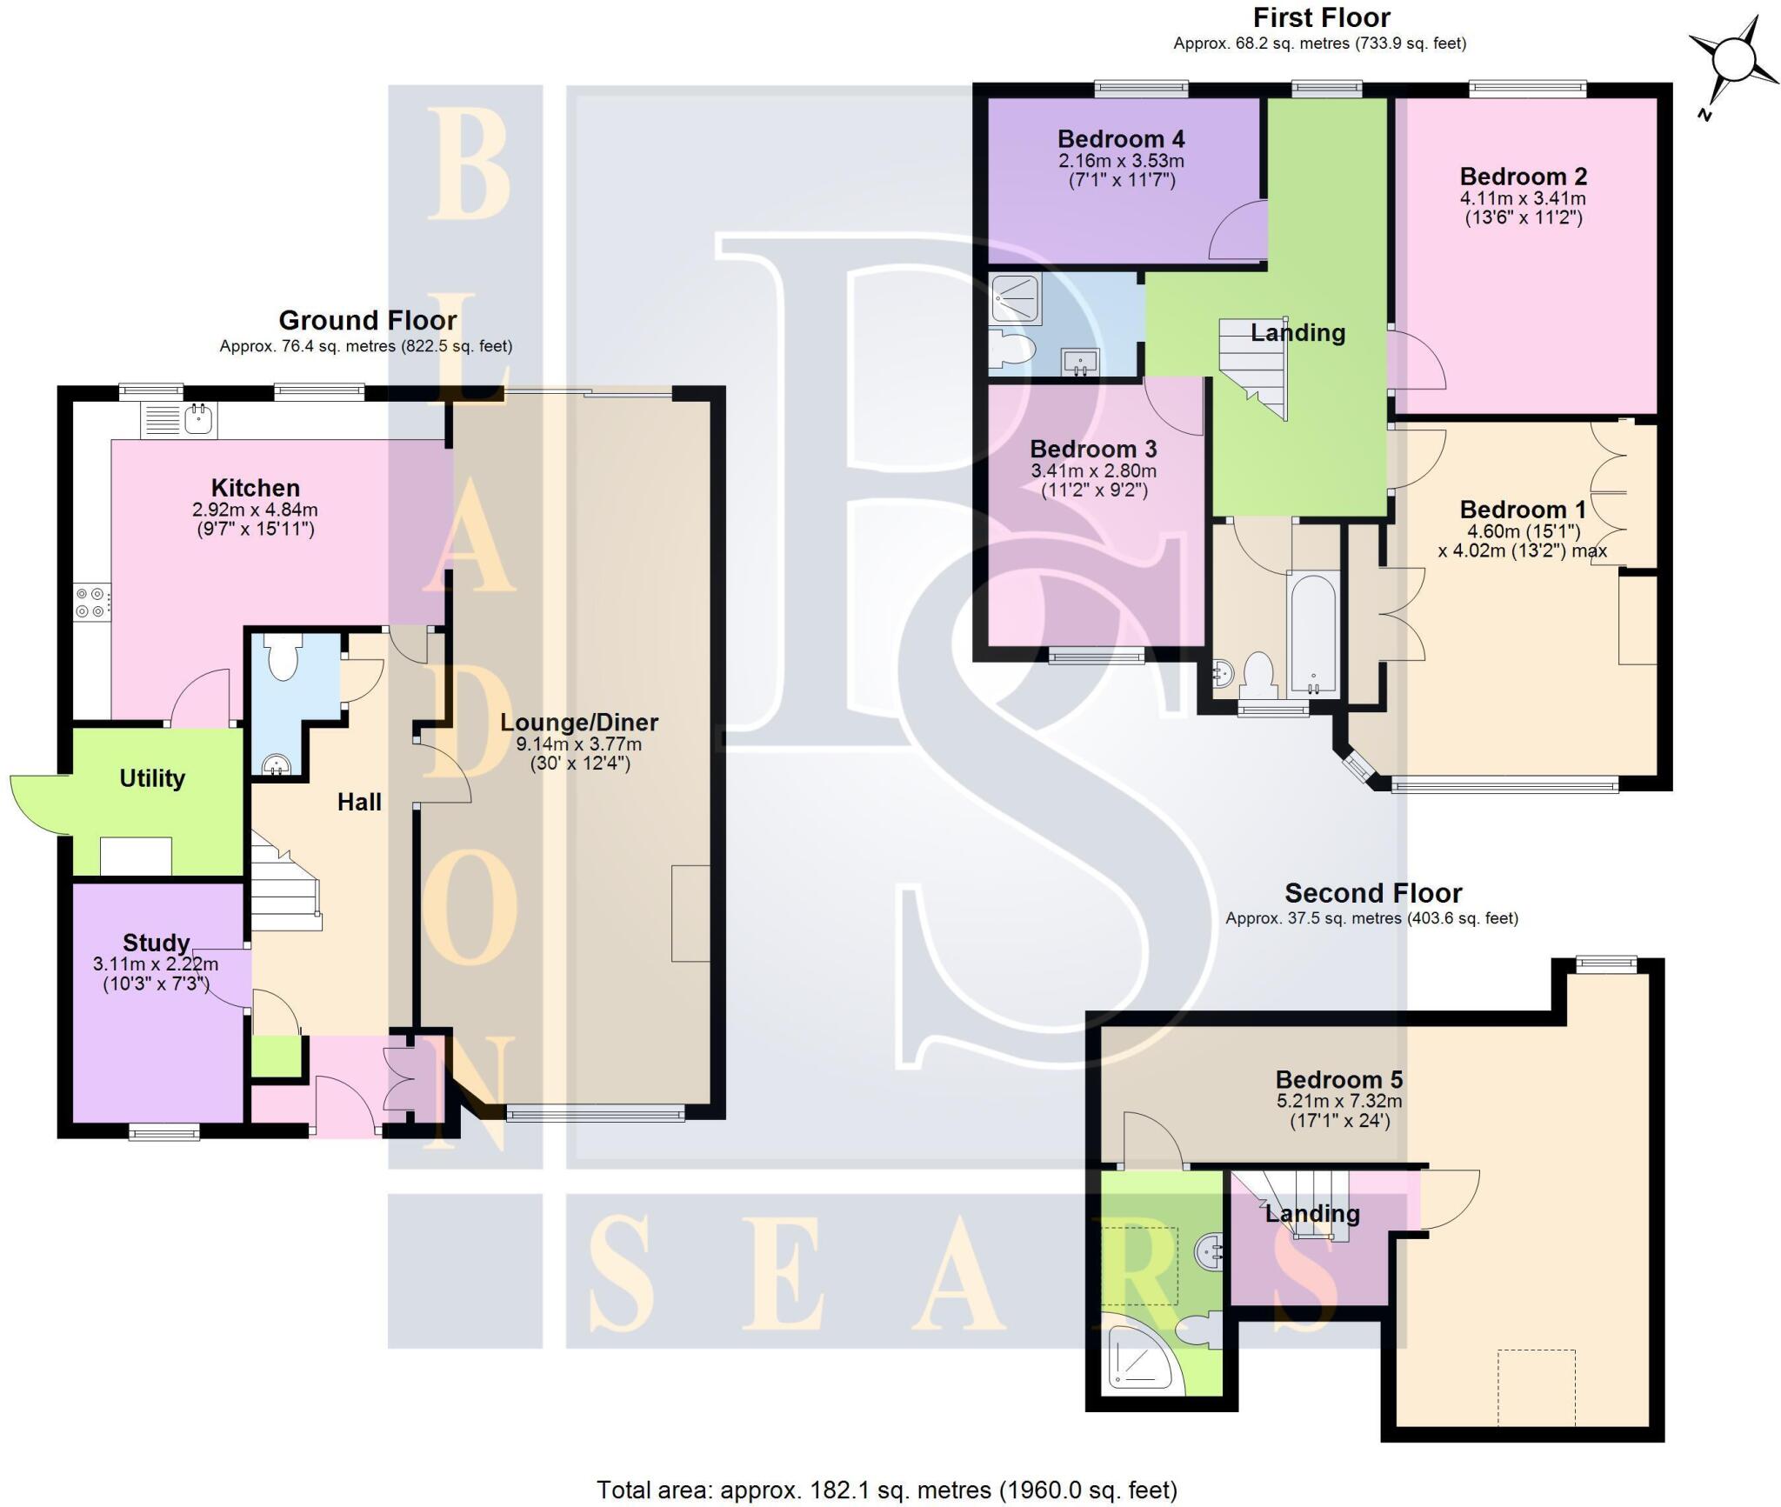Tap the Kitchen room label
click(x=255, y=488)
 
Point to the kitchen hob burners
click(x=91, y=601)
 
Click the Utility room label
click(x=152, y=778)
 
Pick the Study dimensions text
click(x=156, y=974)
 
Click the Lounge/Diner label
click(x=579, y=723)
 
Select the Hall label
click(x=359, y=802)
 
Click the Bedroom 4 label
click(x=1121, y=139)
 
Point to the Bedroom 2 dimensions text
click(x=1523, y=208)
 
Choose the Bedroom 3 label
click(x=1093, y=450)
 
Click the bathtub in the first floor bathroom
click(x=1313, y=632)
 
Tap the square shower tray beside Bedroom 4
click(x=1015, y=297)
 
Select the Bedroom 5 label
click(x=1338, y=1080)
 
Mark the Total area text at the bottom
click(x=886, y=1490)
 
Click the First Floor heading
click(x=1321, y=17)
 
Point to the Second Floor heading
click(x=1373, y=893)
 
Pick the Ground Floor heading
click(x=367, y=321)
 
